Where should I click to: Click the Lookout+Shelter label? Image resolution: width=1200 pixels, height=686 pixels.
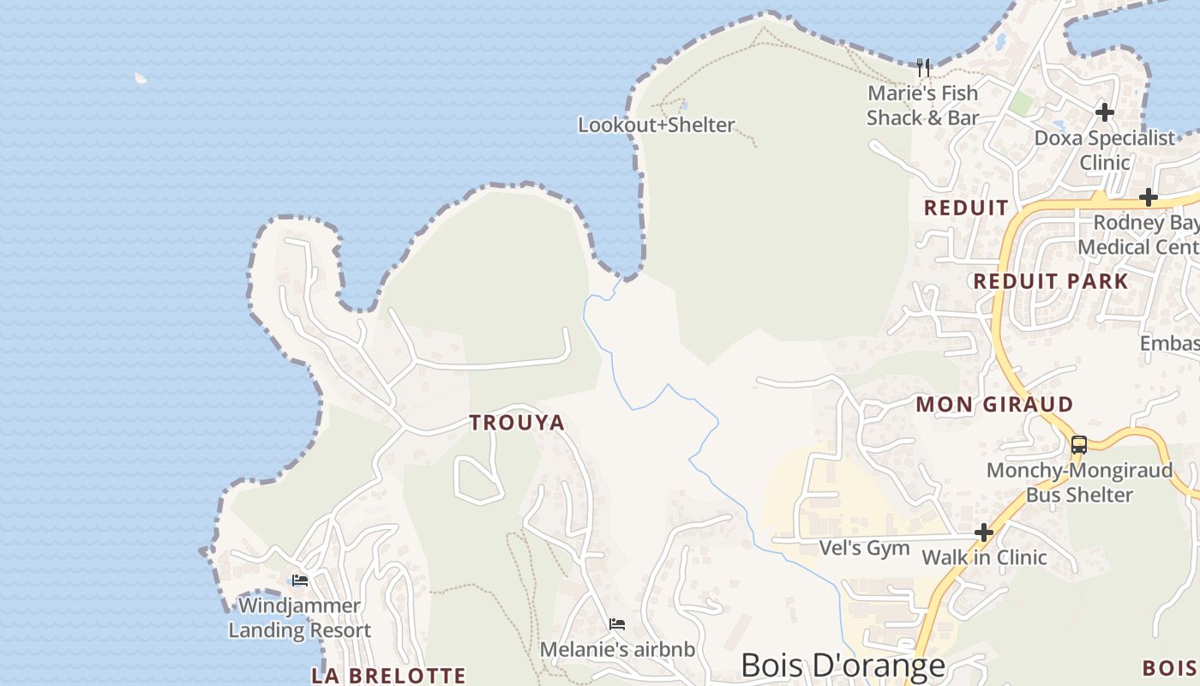click(656, 125)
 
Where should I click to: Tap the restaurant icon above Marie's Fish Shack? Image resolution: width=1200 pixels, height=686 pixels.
click(923, 67)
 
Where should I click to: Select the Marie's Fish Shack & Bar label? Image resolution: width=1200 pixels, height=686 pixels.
click(922, 105)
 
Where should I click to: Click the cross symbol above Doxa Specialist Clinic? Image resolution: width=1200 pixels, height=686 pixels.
click(1105, 111)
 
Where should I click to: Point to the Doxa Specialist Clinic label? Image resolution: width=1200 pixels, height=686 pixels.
click(1105, 150)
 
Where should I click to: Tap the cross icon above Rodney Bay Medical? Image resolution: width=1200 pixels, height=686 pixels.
click(1148, 197)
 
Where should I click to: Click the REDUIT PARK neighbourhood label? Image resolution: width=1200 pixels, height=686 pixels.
click(1051, 281)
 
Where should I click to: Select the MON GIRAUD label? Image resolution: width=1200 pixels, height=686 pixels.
click(994, 404)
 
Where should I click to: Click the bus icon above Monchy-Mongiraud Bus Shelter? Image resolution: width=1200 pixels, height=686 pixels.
click(1079, 445)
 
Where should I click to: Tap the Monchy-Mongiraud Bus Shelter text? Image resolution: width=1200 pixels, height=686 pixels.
click(1079, 483)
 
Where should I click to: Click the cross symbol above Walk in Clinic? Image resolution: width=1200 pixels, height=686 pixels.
click(984, 533)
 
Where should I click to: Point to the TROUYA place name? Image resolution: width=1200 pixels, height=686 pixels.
click(517, 422)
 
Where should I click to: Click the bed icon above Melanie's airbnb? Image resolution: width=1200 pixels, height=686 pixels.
click(616, 623)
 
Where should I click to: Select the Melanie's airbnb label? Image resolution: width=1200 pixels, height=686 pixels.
click(616, 650)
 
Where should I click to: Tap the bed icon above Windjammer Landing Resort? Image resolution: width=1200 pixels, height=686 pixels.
click(300, 580)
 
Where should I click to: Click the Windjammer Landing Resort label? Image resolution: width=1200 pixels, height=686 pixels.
click(299, 618)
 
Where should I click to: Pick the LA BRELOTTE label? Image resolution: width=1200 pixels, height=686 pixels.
click(388, 676)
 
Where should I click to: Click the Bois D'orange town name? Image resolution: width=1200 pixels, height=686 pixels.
click(843, 665)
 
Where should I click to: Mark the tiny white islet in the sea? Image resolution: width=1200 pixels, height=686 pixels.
click(141, 78)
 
